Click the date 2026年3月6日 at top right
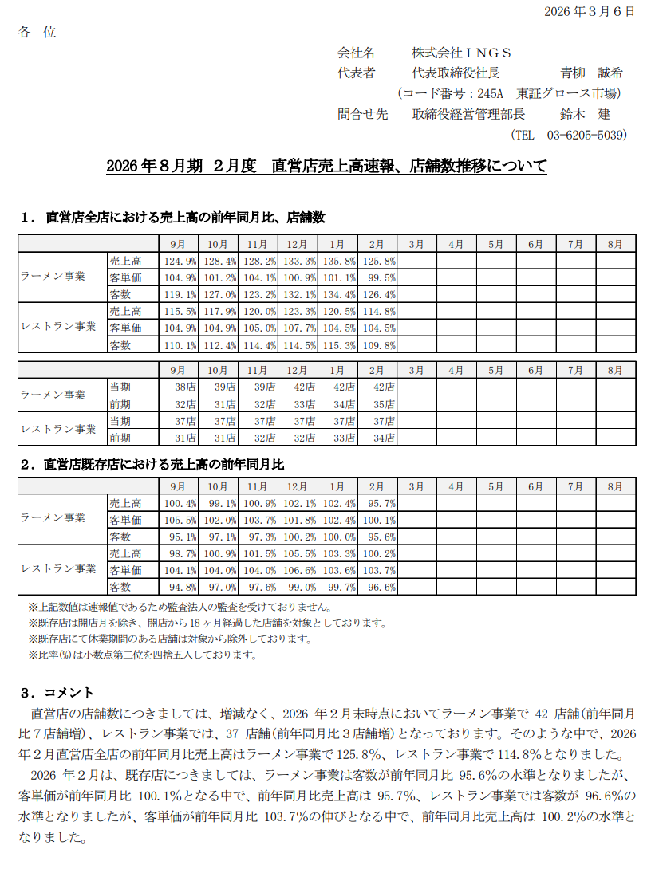pyautogui.click(x=590, y=11)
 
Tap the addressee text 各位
pyautogui.click(x=37, y=33)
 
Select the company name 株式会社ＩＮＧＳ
pyautogui.click(x=462, y=53)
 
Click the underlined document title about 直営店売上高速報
pyautogui.click(x=326, y=167)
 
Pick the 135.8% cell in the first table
pyautogui.click(x=337, y=261)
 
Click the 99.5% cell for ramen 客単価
pyautogui.click(x=377, y=277)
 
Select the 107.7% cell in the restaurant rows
pyautogui.click(x=298, y=328)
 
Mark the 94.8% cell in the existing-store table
pyautogui.click(x=180, y=587)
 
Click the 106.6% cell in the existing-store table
pyautogui.click(x=298, y=570)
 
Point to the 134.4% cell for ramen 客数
pyautogui.click(x=337, y=294)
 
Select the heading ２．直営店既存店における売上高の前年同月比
pyautogui.click(x=152, y=464)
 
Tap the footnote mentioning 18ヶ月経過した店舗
pyautogui.click(x=207, y=623)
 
